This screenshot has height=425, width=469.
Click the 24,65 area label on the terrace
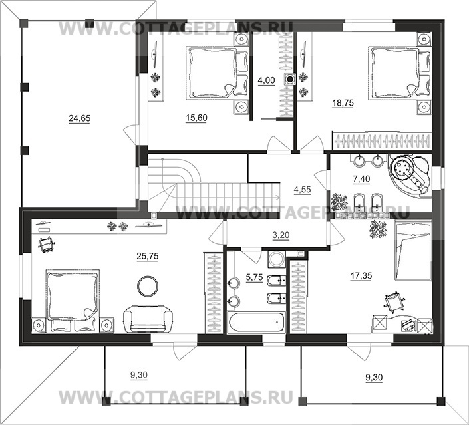(80, 119)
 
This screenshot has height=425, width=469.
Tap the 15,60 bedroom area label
(196, 118)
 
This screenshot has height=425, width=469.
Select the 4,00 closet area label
(266, 81)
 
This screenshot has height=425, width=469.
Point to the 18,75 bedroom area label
(343, 103)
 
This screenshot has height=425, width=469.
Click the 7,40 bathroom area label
(361, 179)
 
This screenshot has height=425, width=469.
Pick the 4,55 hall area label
(303, 190)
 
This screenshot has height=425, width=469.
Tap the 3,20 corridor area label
(281, 235)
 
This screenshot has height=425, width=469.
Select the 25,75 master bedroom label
(148, 257)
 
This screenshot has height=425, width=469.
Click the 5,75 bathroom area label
(254, 277)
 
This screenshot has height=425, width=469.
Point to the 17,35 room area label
(361, 276)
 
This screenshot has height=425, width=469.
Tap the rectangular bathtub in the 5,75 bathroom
(256, 322)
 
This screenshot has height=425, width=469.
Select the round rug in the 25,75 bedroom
(148, 285)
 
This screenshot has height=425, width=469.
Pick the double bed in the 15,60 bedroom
(218, 73)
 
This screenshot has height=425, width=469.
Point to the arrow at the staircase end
(277, 197)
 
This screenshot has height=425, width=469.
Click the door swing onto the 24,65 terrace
(130, 134)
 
